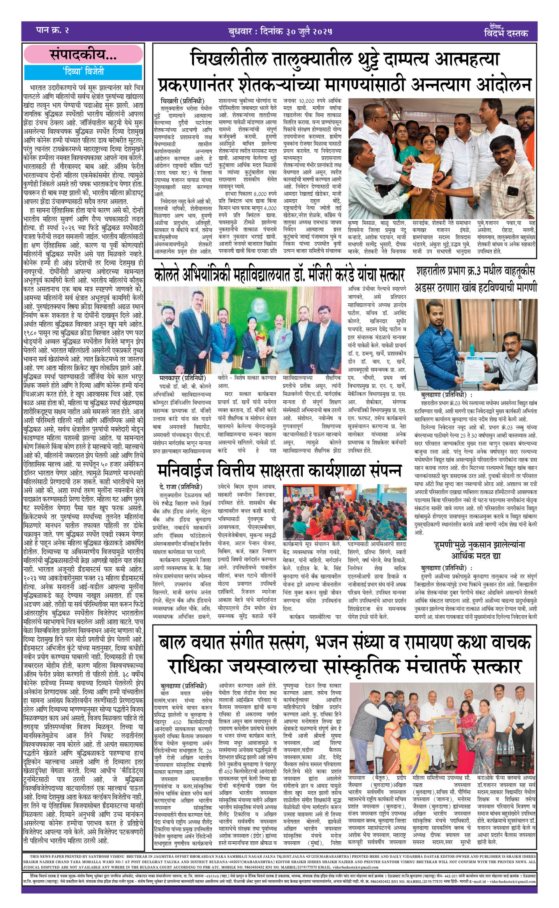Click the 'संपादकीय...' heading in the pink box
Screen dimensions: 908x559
[83, 55]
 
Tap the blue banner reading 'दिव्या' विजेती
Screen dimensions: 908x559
[83, 72]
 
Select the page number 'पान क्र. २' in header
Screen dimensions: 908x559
[52, 30]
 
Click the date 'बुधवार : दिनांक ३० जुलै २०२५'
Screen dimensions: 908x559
[280, 32]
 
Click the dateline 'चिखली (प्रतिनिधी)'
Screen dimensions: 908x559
[182, 101]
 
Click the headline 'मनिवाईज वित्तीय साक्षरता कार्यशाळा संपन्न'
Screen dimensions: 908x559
[279, 470]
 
